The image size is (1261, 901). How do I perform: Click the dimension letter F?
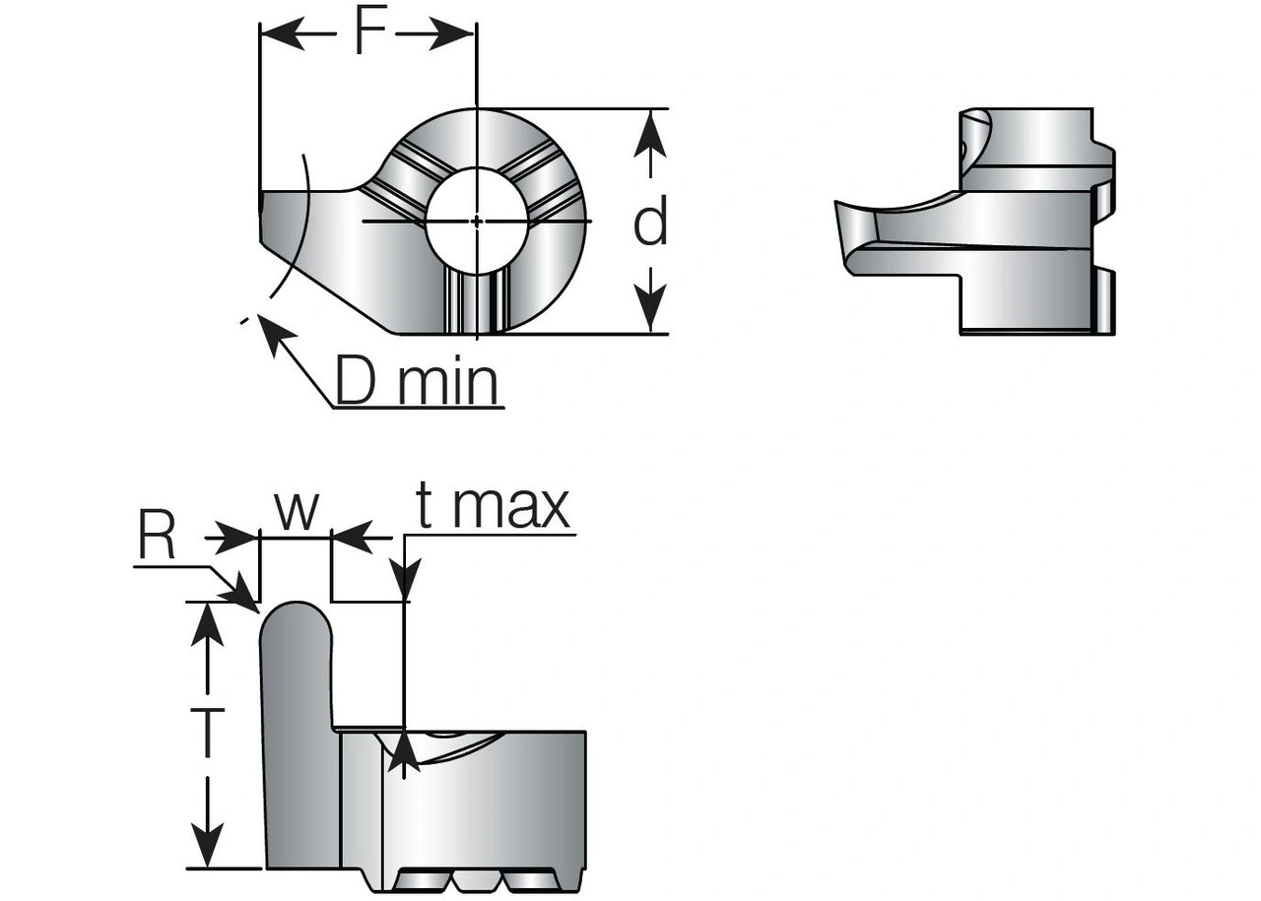[x=368, y=32]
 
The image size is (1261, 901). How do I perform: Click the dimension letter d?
[x=650, y=222]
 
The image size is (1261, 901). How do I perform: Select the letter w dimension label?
[x=296, y=509]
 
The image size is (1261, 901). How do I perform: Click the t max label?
[x=493, y=506]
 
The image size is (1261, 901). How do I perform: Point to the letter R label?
[x=156, y=538]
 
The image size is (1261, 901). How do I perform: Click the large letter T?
[x=207, y=733]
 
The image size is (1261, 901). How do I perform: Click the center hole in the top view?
[x=476, y=222]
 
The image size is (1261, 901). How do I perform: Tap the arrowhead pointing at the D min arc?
[x=272, y=330]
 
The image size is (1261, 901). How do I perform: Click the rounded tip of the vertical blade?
[x=295, y=612]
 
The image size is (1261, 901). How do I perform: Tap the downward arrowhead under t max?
[x=405, y=580]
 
